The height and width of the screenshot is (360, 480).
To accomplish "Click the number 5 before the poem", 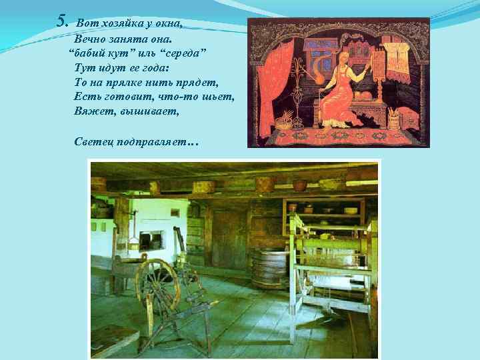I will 63,21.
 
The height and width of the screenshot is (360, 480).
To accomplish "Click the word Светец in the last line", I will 93,141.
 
